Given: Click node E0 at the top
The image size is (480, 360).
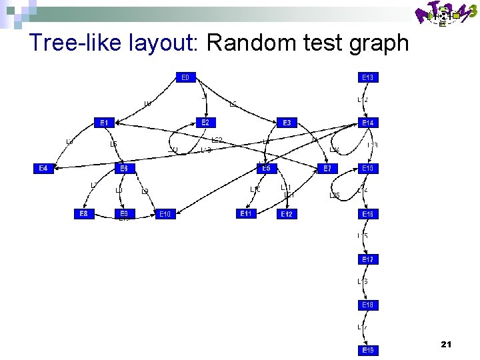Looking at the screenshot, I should point(185,77).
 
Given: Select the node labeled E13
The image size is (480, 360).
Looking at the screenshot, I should point(368,77).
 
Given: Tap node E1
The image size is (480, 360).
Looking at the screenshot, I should point(104,123).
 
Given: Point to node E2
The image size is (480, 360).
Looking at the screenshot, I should point(205,123).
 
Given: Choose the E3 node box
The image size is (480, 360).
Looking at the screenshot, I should point(287,123).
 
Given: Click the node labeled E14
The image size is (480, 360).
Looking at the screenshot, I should point(368,123).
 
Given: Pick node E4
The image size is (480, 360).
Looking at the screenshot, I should point(43,169).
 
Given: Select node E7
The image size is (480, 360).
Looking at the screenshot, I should point(327,169).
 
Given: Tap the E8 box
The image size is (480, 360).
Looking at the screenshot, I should point(83,214).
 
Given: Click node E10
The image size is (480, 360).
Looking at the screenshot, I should point(165,214).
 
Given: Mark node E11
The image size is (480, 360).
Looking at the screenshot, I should point(246,214).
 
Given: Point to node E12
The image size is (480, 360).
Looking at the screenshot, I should point(287,214).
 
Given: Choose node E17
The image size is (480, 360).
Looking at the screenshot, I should point(368,259).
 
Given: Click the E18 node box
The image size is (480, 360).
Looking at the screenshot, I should point(368,305).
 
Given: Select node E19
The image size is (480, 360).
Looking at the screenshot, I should point(368,350).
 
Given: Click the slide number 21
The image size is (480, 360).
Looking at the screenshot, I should point(446,344).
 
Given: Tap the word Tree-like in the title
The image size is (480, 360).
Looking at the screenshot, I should point(74,43).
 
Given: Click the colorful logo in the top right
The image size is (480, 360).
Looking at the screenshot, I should point(446,15).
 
